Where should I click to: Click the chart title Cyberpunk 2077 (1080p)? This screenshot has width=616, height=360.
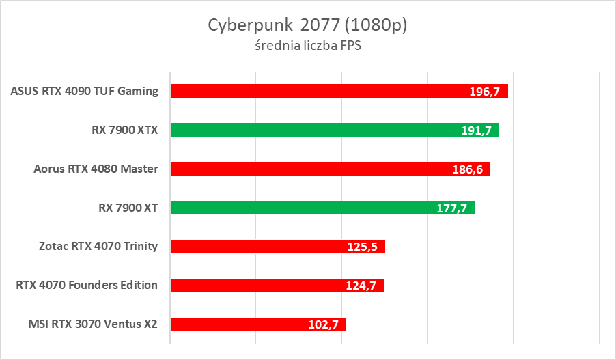pyautogui.click(x=307, y=25)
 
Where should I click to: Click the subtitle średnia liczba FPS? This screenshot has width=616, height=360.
pyautogui.click(x=307, y=46)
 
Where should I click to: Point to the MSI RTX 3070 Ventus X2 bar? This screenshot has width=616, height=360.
pyautogui.click(x=239, y=324)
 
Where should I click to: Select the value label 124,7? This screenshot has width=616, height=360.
pyautogui.click(x=362, y=286)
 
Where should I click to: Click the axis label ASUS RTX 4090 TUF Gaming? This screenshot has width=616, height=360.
pyautogui.click(x=85, y=91)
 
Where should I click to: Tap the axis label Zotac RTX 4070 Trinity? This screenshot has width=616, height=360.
pyautogui.click(x=98, y=247)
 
